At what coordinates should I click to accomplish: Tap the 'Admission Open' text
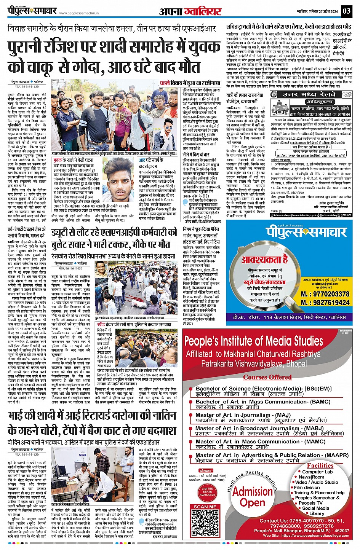click(253, 497)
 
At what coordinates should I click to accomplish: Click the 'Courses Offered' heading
click(267, 377)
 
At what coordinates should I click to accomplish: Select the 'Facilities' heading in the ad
click(320, 466)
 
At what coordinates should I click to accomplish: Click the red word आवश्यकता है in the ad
click(264, 260)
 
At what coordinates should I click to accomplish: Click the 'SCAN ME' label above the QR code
click(205, 507)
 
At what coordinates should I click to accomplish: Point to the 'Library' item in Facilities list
click(317, 513)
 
